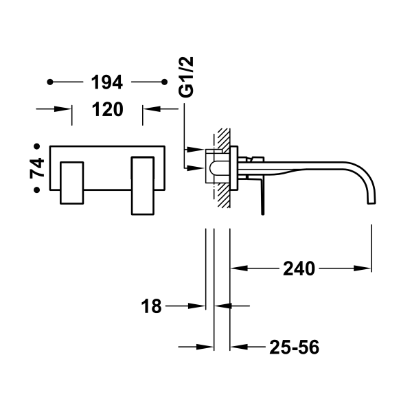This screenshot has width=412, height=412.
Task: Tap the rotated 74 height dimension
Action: pos(39,169)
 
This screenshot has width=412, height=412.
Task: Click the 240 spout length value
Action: pos(298,269)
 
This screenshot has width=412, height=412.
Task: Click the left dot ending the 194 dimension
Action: pos(49,83)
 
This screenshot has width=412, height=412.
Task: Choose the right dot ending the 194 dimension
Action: pos(163,83)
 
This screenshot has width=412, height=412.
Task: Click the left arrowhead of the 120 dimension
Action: pos(67,108)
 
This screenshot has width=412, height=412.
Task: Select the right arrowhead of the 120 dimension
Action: pos(148,108)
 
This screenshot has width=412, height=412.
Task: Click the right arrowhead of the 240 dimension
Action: pos(367,268)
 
